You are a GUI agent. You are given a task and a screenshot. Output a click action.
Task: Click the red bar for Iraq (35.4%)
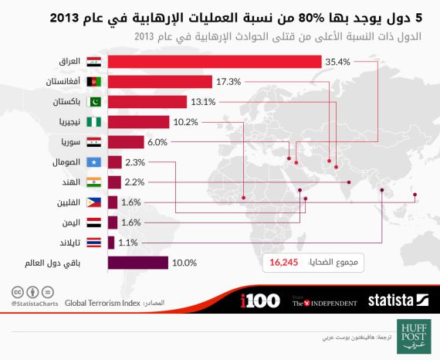[215, 61]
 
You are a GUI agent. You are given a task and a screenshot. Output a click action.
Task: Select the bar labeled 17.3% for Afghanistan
[160, 81]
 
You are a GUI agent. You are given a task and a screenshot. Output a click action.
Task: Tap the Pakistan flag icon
[93, 101]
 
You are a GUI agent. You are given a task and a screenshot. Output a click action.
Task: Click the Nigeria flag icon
[93, 121]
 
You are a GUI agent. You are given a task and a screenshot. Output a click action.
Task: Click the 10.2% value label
[183, 121]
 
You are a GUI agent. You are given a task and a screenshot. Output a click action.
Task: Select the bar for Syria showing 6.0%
[126, 142]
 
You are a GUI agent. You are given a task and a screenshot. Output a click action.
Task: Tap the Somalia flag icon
[93, 162]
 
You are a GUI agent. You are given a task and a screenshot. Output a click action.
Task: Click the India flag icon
[93, 182]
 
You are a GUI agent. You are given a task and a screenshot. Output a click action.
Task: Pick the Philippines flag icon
[93, 202]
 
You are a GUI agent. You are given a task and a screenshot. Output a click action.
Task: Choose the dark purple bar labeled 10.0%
[138, 263]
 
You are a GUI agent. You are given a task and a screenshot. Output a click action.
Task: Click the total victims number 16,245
[284, 263]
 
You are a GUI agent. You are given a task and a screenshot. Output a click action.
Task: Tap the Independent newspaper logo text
[324, 303]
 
